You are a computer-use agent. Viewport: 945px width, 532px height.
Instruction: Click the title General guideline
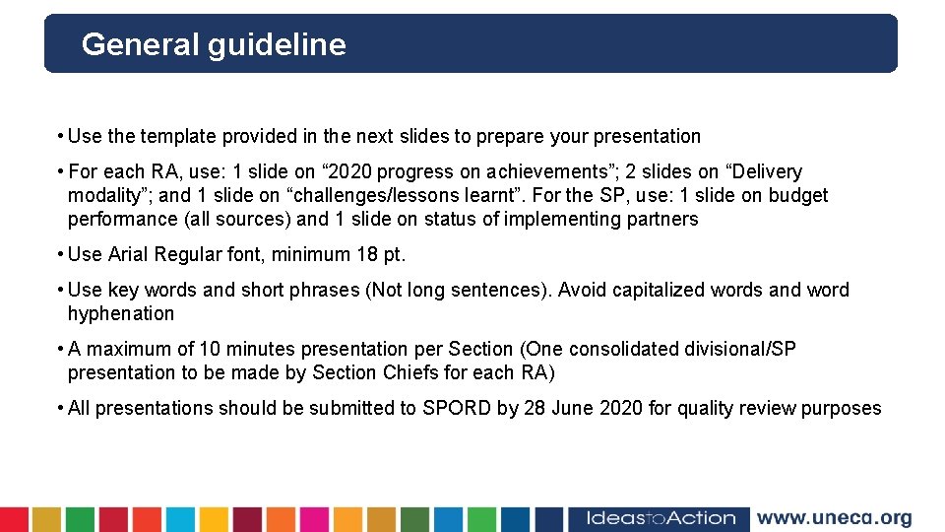214,44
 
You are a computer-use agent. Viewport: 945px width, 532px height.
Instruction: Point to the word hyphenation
121,313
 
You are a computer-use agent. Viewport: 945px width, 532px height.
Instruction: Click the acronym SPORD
457,408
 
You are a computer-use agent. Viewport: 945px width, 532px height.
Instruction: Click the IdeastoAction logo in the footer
661,518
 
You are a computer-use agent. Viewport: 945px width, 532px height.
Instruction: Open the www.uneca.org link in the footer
834,518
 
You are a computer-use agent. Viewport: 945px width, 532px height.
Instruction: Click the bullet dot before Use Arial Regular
60,254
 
